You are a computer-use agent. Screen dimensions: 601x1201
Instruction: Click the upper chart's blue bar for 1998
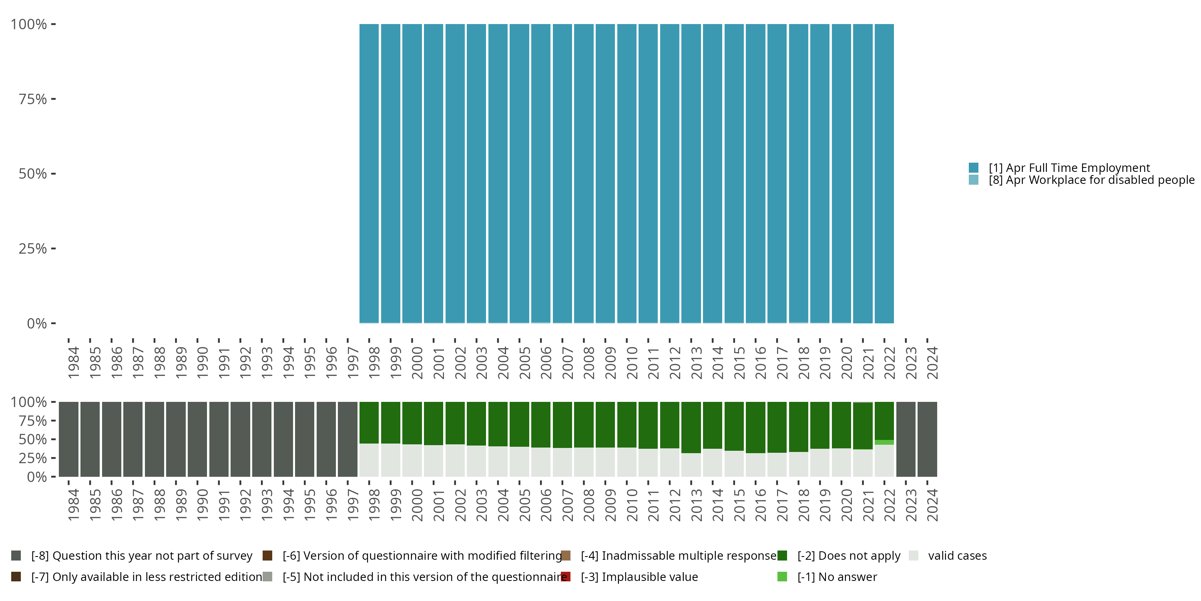tap(369, 173)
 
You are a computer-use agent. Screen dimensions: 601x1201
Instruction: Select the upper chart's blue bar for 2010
tap(627, 173)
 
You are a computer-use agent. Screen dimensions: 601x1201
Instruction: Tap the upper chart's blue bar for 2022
tap(884, 173)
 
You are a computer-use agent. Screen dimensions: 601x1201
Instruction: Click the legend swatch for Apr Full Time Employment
tap(974, 167)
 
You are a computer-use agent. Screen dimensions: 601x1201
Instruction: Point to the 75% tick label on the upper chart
tap(33, 99)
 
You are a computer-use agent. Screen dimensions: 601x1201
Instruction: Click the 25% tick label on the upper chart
tap(33, 248)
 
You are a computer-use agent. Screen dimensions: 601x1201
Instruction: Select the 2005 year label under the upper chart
tap(524, 363)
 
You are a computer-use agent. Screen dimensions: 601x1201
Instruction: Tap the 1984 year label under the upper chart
tap(73, 363)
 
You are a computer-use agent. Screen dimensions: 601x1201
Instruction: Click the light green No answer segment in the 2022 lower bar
tap(884, 442)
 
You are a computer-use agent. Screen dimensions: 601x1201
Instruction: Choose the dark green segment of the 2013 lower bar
tap(691, 427)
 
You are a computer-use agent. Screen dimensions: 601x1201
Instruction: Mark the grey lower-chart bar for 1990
tap(197, 439)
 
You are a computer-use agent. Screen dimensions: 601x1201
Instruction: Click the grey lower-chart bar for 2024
tap(927, 439)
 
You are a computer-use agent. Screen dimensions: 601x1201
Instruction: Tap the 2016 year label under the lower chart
tap(760, 505)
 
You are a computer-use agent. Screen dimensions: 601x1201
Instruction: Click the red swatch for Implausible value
tap(566, 577)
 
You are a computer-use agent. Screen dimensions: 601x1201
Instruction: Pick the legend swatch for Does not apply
tap(782, 556)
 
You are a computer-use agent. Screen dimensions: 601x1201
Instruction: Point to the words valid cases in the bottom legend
tap(957, 556)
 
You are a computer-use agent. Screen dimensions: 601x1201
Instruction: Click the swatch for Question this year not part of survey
tap(16, 556)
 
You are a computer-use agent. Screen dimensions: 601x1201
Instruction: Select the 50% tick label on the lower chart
tap(33, 439)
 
